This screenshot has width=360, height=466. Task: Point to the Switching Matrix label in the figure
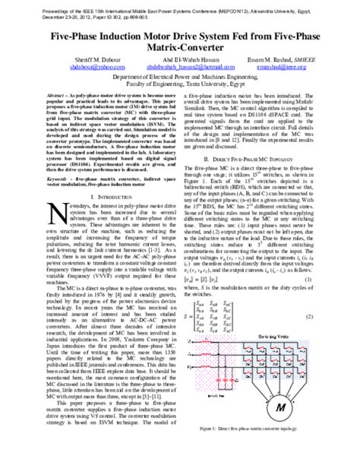[x=288, y=335]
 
